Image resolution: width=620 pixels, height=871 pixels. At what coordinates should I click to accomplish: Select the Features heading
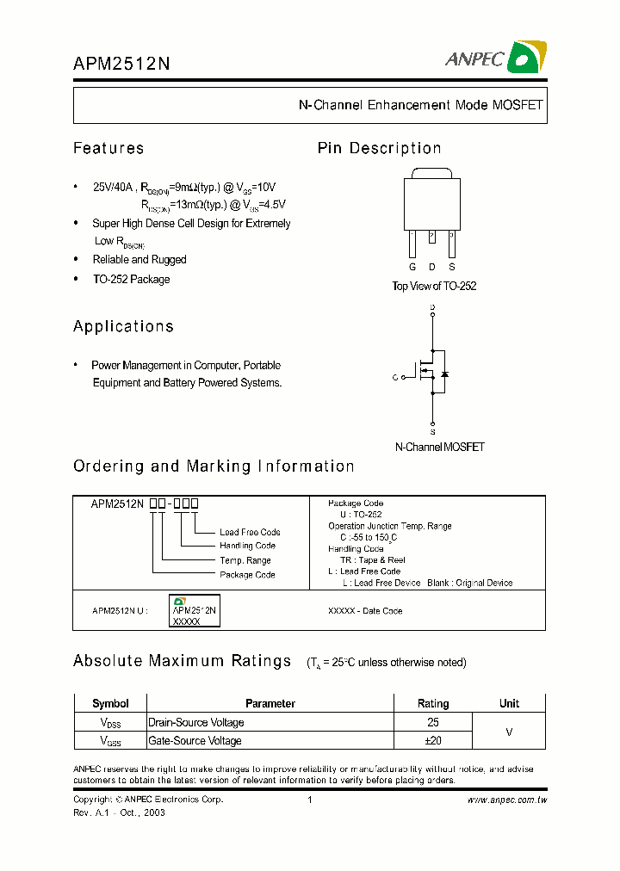[108, 149]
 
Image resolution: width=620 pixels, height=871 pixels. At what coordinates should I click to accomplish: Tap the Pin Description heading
[379, 149]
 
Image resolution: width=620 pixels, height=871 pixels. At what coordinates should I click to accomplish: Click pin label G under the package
[412, 268]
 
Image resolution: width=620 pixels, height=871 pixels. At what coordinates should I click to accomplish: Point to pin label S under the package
[451, 268]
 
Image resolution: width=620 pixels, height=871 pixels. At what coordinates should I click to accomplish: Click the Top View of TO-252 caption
[434, 287]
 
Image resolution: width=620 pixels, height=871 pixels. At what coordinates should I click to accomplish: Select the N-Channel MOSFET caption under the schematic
[439, 448]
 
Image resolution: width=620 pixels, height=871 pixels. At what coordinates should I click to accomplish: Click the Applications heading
[123, 327]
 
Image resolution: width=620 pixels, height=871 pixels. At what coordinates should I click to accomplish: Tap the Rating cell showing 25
[433, 723]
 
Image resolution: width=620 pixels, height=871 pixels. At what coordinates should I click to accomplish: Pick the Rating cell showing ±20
[433, 741]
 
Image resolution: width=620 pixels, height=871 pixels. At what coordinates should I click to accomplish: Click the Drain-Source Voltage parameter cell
[196, 723]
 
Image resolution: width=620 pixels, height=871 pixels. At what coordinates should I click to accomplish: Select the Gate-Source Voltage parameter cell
[195, 741]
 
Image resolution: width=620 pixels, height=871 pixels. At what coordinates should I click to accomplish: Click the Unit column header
[509, 704]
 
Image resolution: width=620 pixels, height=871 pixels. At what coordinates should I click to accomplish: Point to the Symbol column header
[110, 704]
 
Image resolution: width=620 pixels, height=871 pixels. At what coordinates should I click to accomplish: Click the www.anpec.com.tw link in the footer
[507, 800]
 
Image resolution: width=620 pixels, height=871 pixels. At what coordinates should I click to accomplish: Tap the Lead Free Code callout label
[250, 533]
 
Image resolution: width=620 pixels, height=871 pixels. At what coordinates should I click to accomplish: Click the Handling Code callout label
[247, 546]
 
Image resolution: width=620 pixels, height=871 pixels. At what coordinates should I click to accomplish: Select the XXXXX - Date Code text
[365, 611]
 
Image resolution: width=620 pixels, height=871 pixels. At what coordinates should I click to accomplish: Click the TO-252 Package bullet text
[131, 280]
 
